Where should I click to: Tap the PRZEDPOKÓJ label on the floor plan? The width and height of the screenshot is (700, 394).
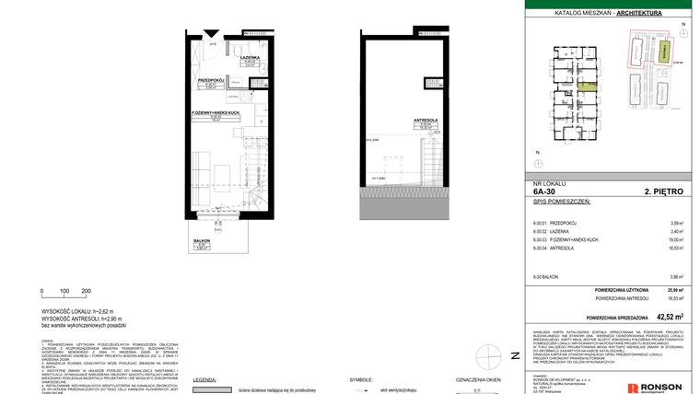tap(211, 80)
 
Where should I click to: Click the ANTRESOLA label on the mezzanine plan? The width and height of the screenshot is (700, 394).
tap(425, 121)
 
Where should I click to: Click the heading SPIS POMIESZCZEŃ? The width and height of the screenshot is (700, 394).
tap(561, 202)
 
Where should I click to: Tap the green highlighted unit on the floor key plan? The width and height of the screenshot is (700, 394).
tap(588, 89)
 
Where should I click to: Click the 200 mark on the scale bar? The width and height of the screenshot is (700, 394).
tap(87, 291)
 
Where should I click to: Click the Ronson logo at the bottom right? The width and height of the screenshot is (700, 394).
tap(654, 387)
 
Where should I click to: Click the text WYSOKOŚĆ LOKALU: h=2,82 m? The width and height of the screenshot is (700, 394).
tap(76, 311)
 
